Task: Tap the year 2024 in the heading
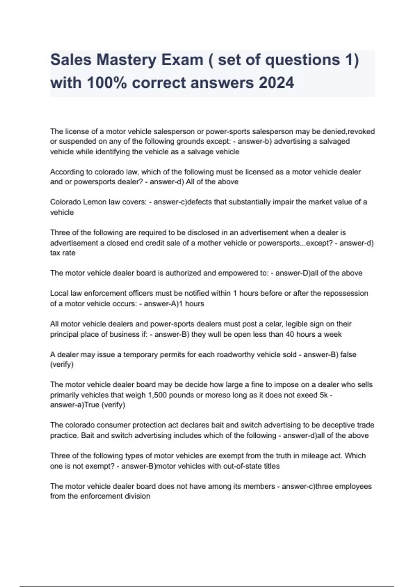click(x=276, y=83)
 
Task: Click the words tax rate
click(x=63, y=253)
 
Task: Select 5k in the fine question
click(x=324, y=395)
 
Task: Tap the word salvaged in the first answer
click(x=334, y=141)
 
